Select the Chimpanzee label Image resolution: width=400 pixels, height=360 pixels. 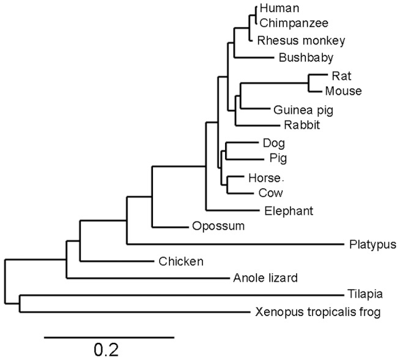click(x=294, y=23)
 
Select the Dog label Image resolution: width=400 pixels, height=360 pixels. click(x=273, y=143)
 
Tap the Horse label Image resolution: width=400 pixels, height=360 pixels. click(x=265, y=178)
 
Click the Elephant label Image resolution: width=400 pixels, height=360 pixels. click(x=289, y=211)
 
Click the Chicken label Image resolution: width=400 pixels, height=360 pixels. click(x=180, y=262)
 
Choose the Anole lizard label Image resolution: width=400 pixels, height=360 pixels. click(x=265, y=279)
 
